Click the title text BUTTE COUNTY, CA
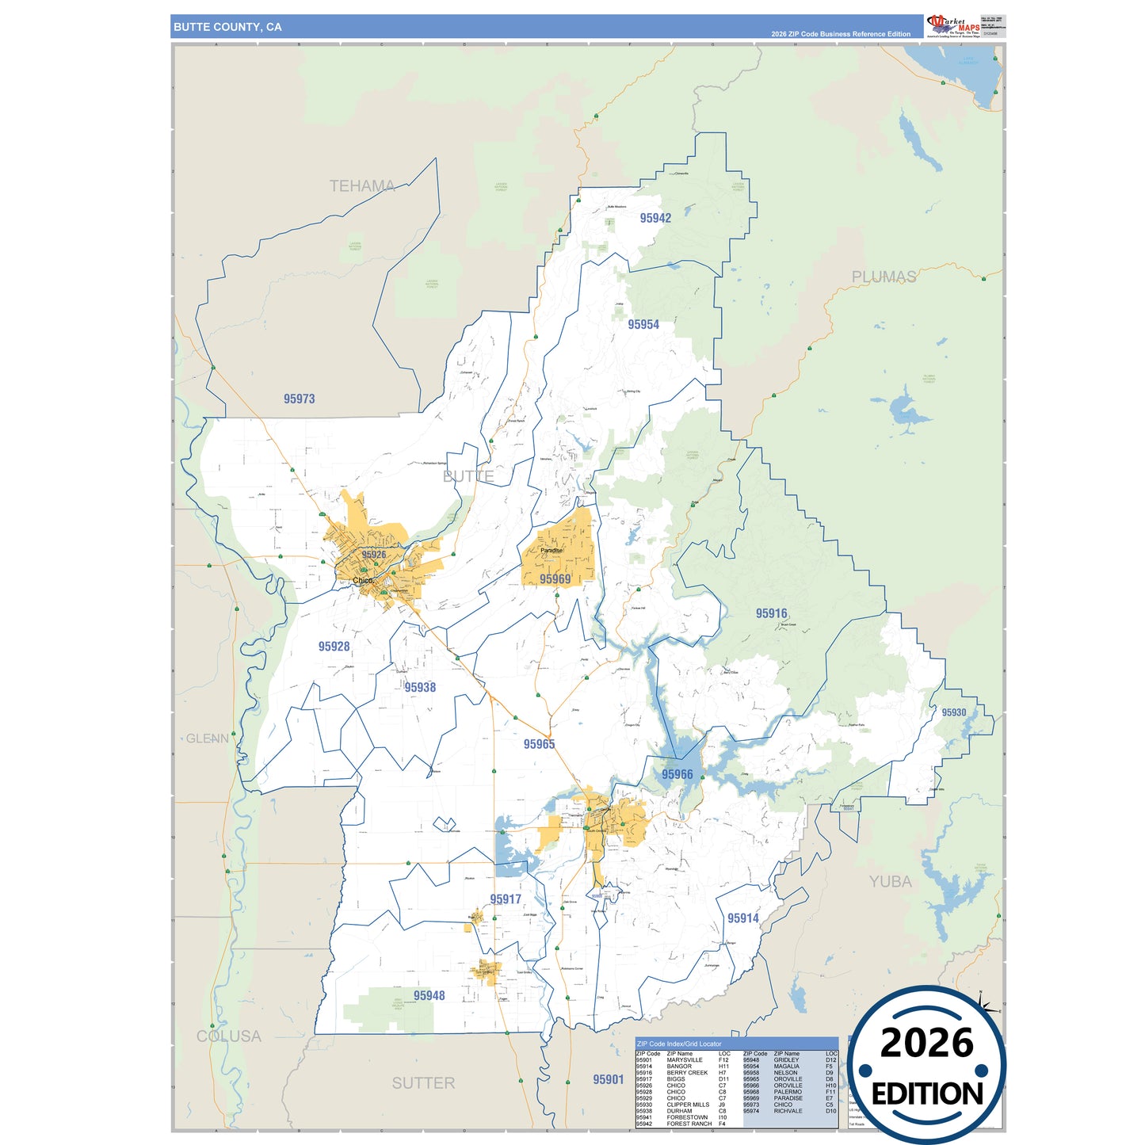click(x=227, y=27)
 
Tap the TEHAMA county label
click(x=362, y=186)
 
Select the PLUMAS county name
click(x=884, y=277)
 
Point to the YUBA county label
click(x=890, y=881)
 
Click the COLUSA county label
click(x=228, y=1036)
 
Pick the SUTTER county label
click(x=423, y=1083)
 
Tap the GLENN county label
click(x=207, y=739)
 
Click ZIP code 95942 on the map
click(x=655, y=219)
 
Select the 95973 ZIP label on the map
click(x=300, y=399)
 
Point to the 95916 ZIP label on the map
click(x=771, y=613)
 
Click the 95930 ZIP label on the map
click(x=953, y=712)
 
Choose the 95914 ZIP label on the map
click(x=742, y=918)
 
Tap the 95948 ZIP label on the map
click(x=429, y=996)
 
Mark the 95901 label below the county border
click(x=608, y=1080)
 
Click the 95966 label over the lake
click(x=677, y=775)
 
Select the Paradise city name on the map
click(x=552, y=550)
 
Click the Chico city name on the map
click(x=362, y=580)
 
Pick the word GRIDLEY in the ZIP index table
click(x=786, y=1060)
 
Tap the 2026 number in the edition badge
click(x=926, y=1043)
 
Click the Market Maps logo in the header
click(x=952, y=25)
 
